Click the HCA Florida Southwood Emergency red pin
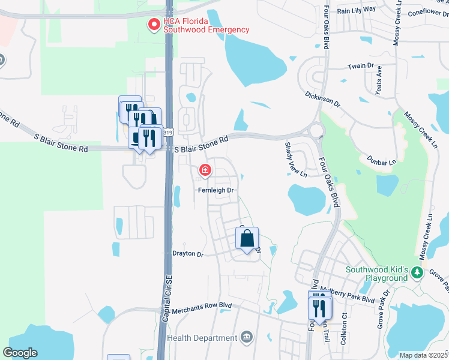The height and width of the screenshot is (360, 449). click(x=154, y=25)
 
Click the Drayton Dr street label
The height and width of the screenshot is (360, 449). click(x=188, y=254)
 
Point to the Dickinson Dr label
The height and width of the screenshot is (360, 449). click(x=322, y=100)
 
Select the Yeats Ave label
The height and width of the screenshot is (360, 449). click(x=379, y=80)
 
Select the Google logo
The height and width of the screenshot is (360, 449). click(x=20, y=353)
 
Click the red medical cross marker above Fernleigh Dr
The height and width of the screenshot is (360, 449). click(x=205, y=171)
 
